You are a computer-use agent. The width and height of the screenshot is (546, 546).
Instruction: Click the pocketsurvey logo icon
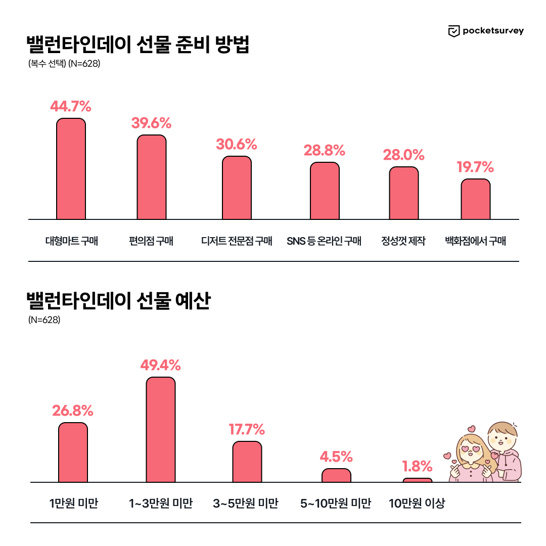[454, 31]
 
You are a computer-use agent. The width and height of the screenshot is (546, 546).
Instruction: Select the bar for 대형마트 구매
[71, 169]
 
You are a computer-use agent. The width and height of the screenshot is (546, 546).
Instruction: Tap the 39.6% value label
[151, 123]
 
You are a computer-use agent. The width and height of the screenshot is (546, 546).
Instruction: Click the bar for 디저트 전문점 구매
[237, 188]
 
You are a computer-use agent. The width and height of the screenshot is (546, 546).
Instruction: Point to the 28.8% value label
[324, 150]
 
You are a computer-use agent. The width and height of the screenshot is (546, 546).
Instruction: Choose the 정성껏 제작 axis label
[403, 241]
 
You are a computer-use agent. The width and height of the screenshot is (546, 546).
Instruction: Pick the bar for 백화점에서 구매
[475, 199]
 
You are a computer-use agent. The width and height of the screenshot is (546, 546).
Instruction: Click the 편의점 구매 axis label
[151, 241]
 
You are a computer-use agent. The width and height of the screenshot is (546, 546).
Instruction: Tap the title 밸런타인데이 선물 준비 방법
[138, 45]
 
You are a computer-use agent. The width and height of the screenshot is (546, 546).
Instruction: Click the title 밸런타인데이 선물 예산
[118, 301]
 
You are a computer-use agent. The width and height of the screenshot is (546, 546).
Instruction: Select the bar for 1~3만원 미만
[161, 430]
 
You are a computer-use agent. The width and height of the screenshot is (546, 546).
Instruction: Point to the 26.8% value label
[73, 411]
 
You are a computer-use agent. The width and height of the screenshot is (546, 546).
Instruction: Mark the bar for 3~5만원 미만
[247, 462]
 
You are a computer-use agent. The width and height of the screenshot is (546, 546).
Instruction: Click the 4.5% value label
[336, 457]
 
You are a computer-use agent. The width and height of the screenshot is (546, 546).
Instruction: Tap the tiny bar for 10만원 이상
[418, 480]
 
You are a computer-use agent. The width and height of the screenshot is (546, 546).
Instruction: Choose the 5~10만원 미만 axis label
[336, 504]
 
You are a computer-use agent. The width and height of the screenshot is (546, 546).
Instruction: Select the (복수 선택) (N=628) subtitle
[64, 64]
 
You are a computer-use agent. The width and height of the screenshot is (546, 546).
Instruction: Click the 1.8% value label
[417, 466]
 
